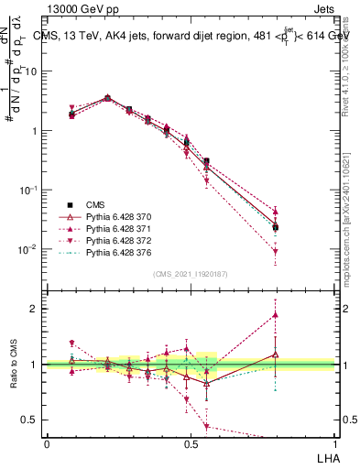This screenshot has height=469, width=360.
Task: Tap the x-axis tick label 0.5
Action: pyautogui.click(x=191, y=443)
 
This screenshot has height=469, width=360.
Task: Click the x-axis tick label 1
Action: pyautogui.click(x=334, y=443)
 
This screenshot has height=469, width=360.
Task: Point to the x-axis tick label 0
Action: pyautogui.click(x=47, y=443)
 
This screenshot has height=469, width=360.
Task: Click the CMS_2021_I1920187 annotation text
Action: pyautogui.click(x=190, y=274)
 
